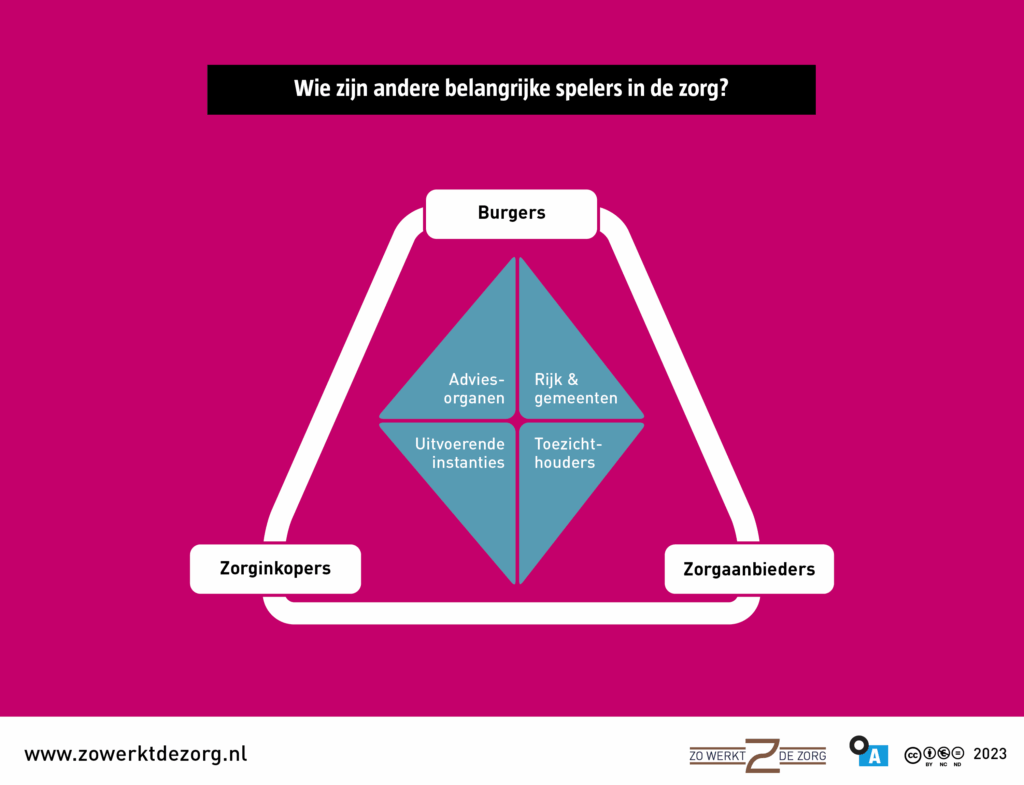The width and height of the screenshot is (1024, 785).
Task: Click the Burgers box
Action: pos(511,213)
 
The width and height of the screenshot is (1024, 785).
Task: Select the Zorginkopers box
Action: pos(275,569)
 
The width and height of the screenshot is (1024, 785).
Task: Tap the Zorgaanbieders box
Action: pos(749,570)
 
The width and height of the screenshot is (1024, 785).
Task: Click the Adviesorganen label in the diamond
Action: pos(476,389)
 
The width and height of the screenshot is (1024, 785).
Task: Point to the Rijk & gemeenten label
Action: pos(575,389)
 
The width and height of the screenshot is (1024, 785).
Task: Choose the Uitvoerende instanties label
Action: pos(460,452)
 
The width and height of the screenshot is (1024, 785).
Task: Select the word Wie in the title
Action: pos(310,89)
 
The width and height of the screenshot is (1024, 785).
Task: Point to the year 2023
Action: pos(989,754)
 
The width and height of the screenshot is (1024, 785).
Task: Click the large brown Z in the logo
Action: pos(761,755)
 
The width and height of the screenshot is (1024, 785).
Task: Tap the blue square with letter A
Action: pos(873,756)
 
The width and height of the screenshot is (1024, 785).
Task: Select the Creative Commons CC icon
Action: pos(912,753)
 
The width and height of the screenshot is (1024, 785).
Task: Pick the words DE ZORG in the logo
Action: pos(802,756)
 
